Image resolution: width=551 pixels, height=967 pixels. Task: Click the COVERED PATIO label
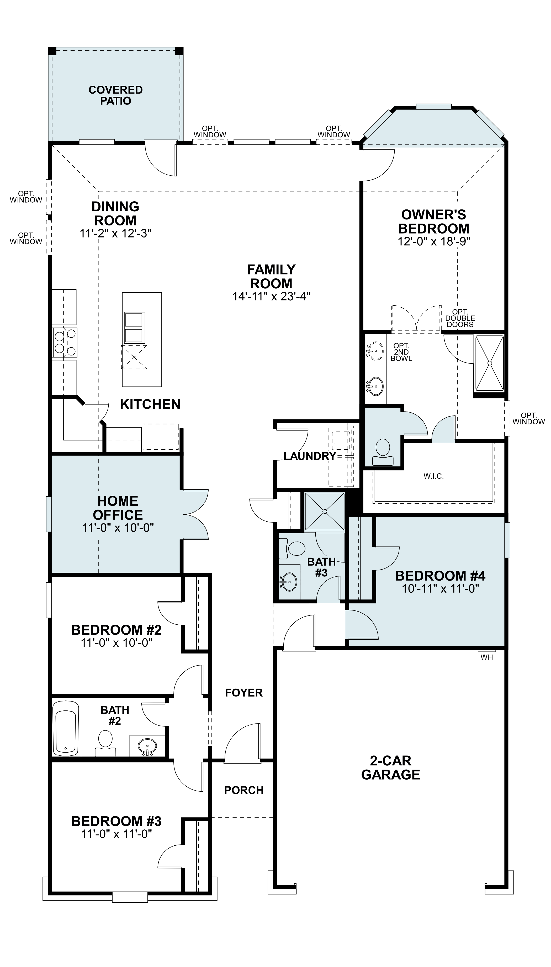115,95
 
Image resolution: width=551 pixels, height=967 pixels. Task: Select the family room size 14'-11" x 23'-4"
271,296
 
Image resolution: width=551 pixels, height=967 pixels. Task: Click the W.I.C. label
434,476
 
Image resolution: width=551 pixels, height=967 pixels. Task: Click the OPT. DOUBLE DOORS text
460,318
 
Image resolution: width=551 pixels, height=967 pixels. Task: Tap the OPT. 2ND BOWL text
401,352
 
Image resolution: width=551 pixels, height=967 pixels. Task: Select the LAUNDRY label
310,456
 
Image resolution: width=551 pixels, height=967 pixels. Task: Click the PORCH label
244,790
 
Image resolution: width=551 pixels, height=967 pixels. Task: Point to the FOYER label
244,693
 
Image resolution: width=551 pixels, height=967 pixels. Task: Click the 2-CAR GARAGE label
390,768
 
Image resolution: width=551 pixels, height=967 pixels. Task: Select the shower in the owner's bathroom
489,363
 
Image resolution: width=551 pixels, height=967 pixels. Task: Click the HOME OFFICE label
118,508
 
